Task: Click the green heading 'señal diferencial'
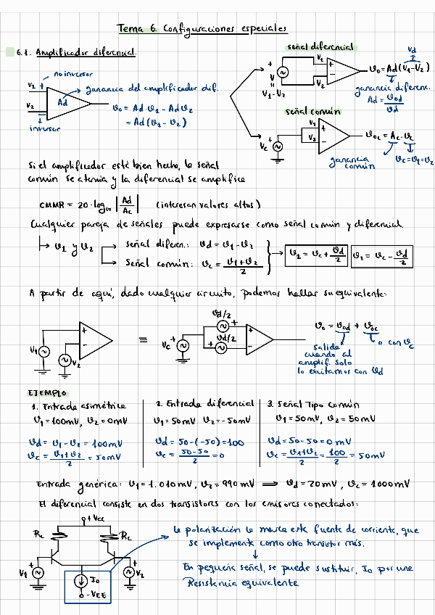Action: coord(320,46)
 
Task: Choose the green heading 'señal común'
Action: coord(313,112)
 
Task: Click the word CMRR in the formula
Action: coord(54,204)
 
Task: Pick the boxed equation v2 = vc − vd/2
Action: coord(382,256)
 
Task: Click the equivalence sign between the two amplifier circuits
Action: coord(142,339)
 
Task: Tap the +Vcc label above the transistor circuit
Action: coord(91,518)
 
